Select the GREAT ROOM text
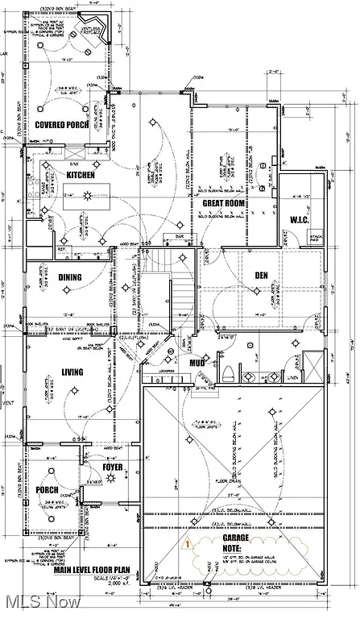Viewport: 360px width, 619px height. coord(223,204)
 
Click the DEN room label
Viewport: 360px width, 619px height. coord(261,276)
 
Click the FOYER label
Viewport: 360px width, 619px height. coord(113,467)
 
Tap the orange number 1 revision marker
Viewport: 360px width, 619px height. coord(186,544)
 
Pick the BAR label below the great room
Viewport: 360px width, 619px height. coord(179,236)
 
